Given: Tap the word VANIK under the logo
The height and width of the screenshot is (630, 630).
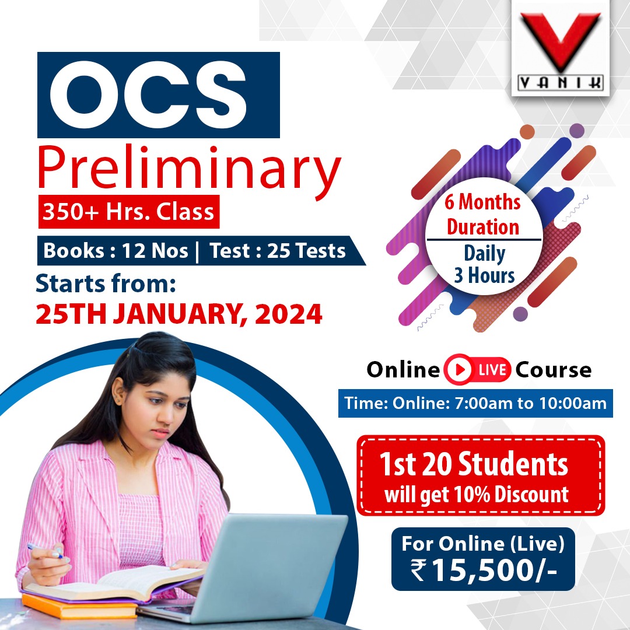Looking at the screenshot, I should click(x=560, y=83).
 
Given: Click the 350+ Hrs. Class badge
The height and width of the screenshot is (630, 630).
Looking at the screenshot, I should click(x=129, y=212).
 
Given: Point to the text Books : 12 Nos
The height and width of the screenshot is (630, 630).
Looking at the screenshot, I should click(x=116, y=251).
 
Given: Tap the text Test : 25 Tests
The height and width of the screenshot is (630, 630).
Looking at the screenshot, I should click(x=278, y=251).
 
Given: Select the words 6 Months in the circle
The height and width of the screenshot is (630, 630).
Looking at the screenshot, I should click(x=482, y=203).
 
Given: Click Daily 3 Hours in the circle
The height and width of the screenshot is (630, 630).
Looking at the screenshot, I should click(x=484, y=264).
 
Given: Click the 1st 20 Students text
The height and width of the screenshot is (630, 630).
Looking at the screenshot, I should click(x=473, y=465).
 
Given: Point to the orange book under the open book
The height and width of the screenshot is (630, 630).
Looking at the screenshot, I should click(x=64, y=607).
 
